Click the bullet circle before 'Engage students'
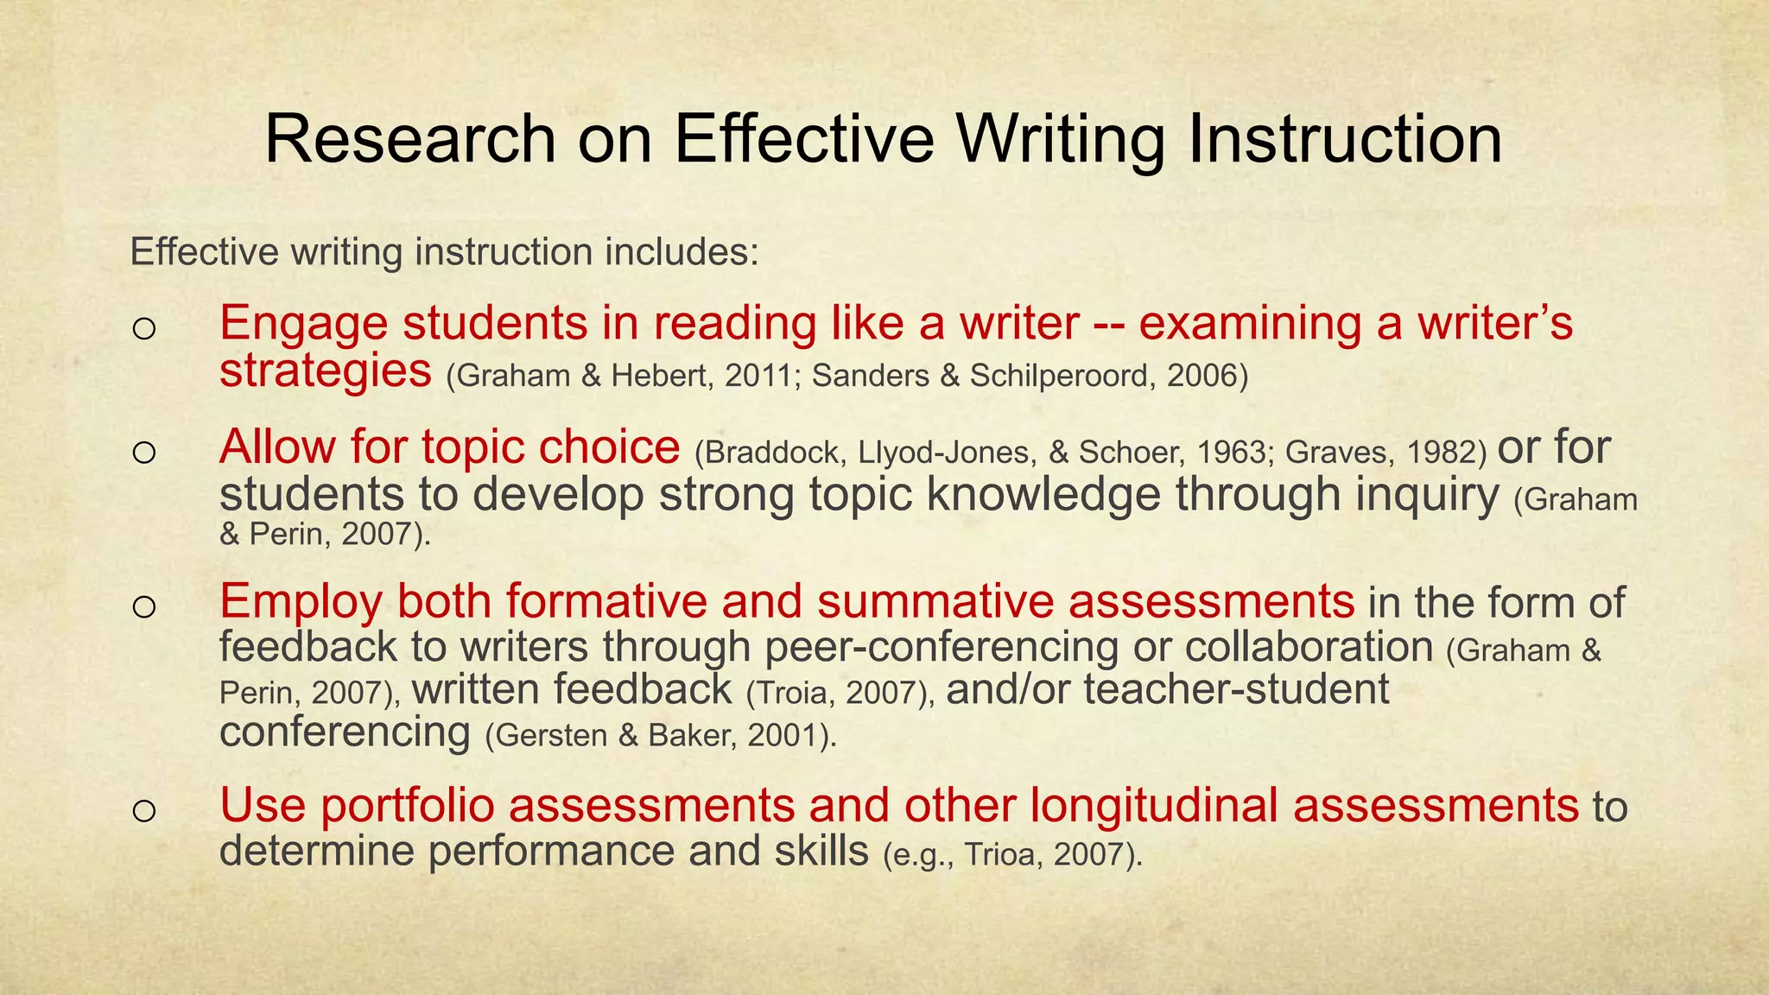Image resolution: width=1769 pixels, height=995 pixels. [x=144, y=329]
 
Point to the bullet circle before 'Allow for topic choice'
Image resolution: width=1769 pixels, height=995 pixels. [x=144, y=453]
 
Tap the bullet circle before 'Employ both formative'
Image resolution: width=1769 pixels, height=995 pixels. [x=144, y=606]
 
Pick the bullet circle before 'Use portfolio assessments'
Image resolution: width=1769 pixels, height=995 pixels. [x=144, y=810]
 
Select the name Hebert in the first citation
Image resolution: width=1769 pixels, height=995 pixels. [x=663, y=376]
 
